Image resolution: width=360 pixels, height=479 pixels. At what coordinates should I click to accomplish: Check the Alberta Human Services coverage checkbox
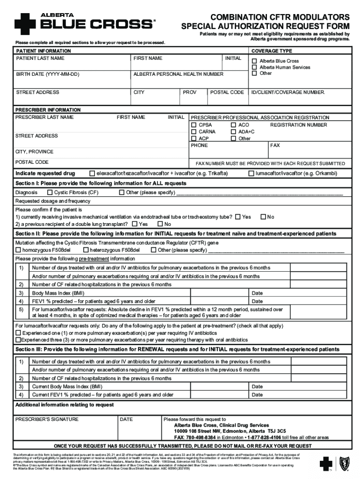tap(254, 67)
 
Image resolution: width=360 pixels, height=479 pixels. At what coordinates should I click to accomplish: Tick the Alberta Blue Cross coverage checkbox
tap(254, 61)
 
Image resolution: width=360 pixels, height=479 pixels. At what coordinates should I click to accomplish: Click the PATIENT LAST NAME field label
tap(40, 58)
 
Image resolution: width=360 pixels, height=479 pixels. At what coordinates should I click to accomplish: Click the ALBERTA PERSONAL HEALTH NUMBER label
tap(178, 74)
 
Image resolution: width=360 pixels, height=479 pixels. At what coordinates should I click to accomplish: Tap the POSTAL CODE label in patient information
tap(227, 93)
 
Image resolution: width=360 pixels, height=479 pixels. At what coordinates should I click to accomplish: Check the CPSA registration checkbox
tap(194, 125)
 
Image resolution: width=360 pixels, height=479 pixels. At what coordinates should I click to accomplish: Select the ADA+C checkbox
tap(233, 132)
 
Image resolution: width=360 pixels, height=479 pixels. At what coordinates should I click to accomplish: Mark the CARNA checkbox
tap(194, 132)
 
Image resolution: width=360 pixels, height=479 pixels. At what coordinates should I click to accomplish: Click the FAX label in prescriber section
tap(275, 145)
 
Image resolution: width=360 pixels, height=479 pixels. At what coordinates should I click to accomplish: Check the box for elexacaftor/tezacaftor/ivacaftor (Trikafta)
tap(92, 174)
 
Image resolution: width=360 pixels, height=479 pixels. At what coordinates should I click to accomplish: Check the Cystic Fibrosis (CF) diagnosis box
tap(50, 193)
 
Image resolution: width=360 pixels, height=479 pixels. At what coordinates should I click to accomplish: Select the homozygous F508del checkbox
tap(18, 250)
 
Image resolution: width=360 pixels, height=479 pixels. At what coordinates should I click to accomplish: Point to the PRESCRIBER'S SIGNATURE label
tap(47, 420)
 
